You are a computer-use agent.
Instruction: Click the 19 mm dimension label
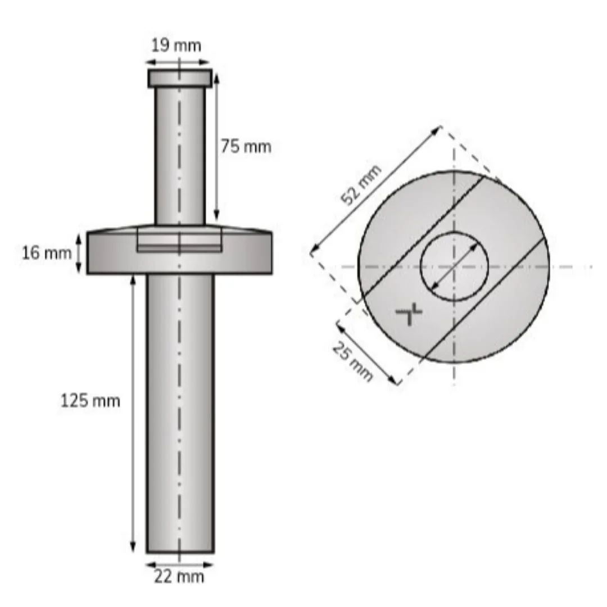176,46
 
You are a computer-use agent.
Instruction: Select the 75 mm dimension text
246,147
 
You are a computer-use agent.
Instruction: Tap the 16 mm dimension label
47,253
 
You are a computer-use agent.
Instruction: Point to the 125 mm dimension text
90,400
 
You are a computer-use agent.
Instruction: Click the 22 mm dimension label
179,577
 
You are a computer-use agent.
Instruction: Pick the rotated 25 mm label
352,361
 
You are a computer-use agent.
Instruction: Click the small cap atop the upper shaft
180,78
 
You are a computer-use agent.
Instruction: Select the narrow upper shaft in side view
180,156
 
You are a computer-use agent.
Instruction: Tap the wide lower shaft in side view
180,413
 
